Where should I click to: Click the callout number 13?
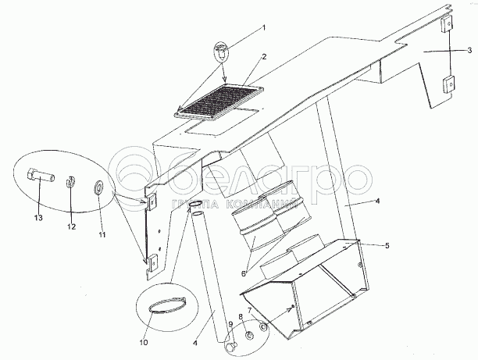38,218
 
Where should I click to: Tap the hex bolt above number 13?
41,176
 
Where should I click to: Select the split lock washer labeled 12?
71,181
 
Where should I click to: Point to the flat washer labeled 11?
98,187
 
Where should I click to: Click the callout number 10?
144,342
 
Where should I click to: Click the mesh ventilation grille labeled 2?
219,102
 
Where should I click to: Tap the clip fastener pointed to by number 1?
221,51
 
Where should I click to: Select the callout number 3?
469,50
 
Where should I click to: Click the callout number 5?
387,245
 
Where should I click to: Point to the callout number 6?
243,274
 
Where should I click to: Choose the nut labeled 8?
250,336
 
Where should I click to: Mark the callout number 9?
230,324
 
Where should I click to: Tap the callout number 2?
264,57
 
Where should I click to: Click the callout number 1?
264,28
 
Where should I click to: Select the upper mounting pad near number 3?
446,23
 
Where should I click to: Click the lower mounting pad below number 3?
448,84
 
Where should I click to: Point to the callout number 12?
71,226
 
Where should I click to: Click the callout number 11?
102,235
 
